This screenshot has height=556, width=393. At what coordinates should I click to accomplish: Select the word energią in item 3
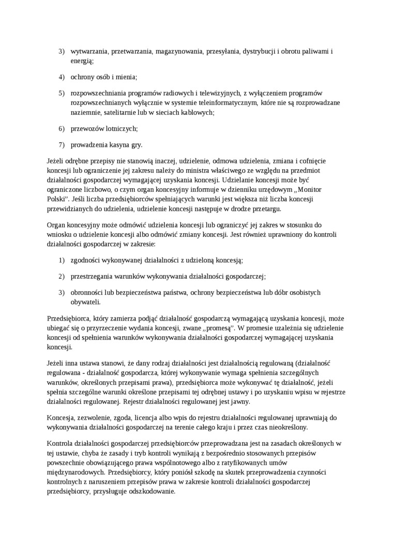(82, 61)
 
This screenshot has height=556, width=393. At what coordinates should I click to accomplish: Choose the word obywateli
(85, 302)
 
